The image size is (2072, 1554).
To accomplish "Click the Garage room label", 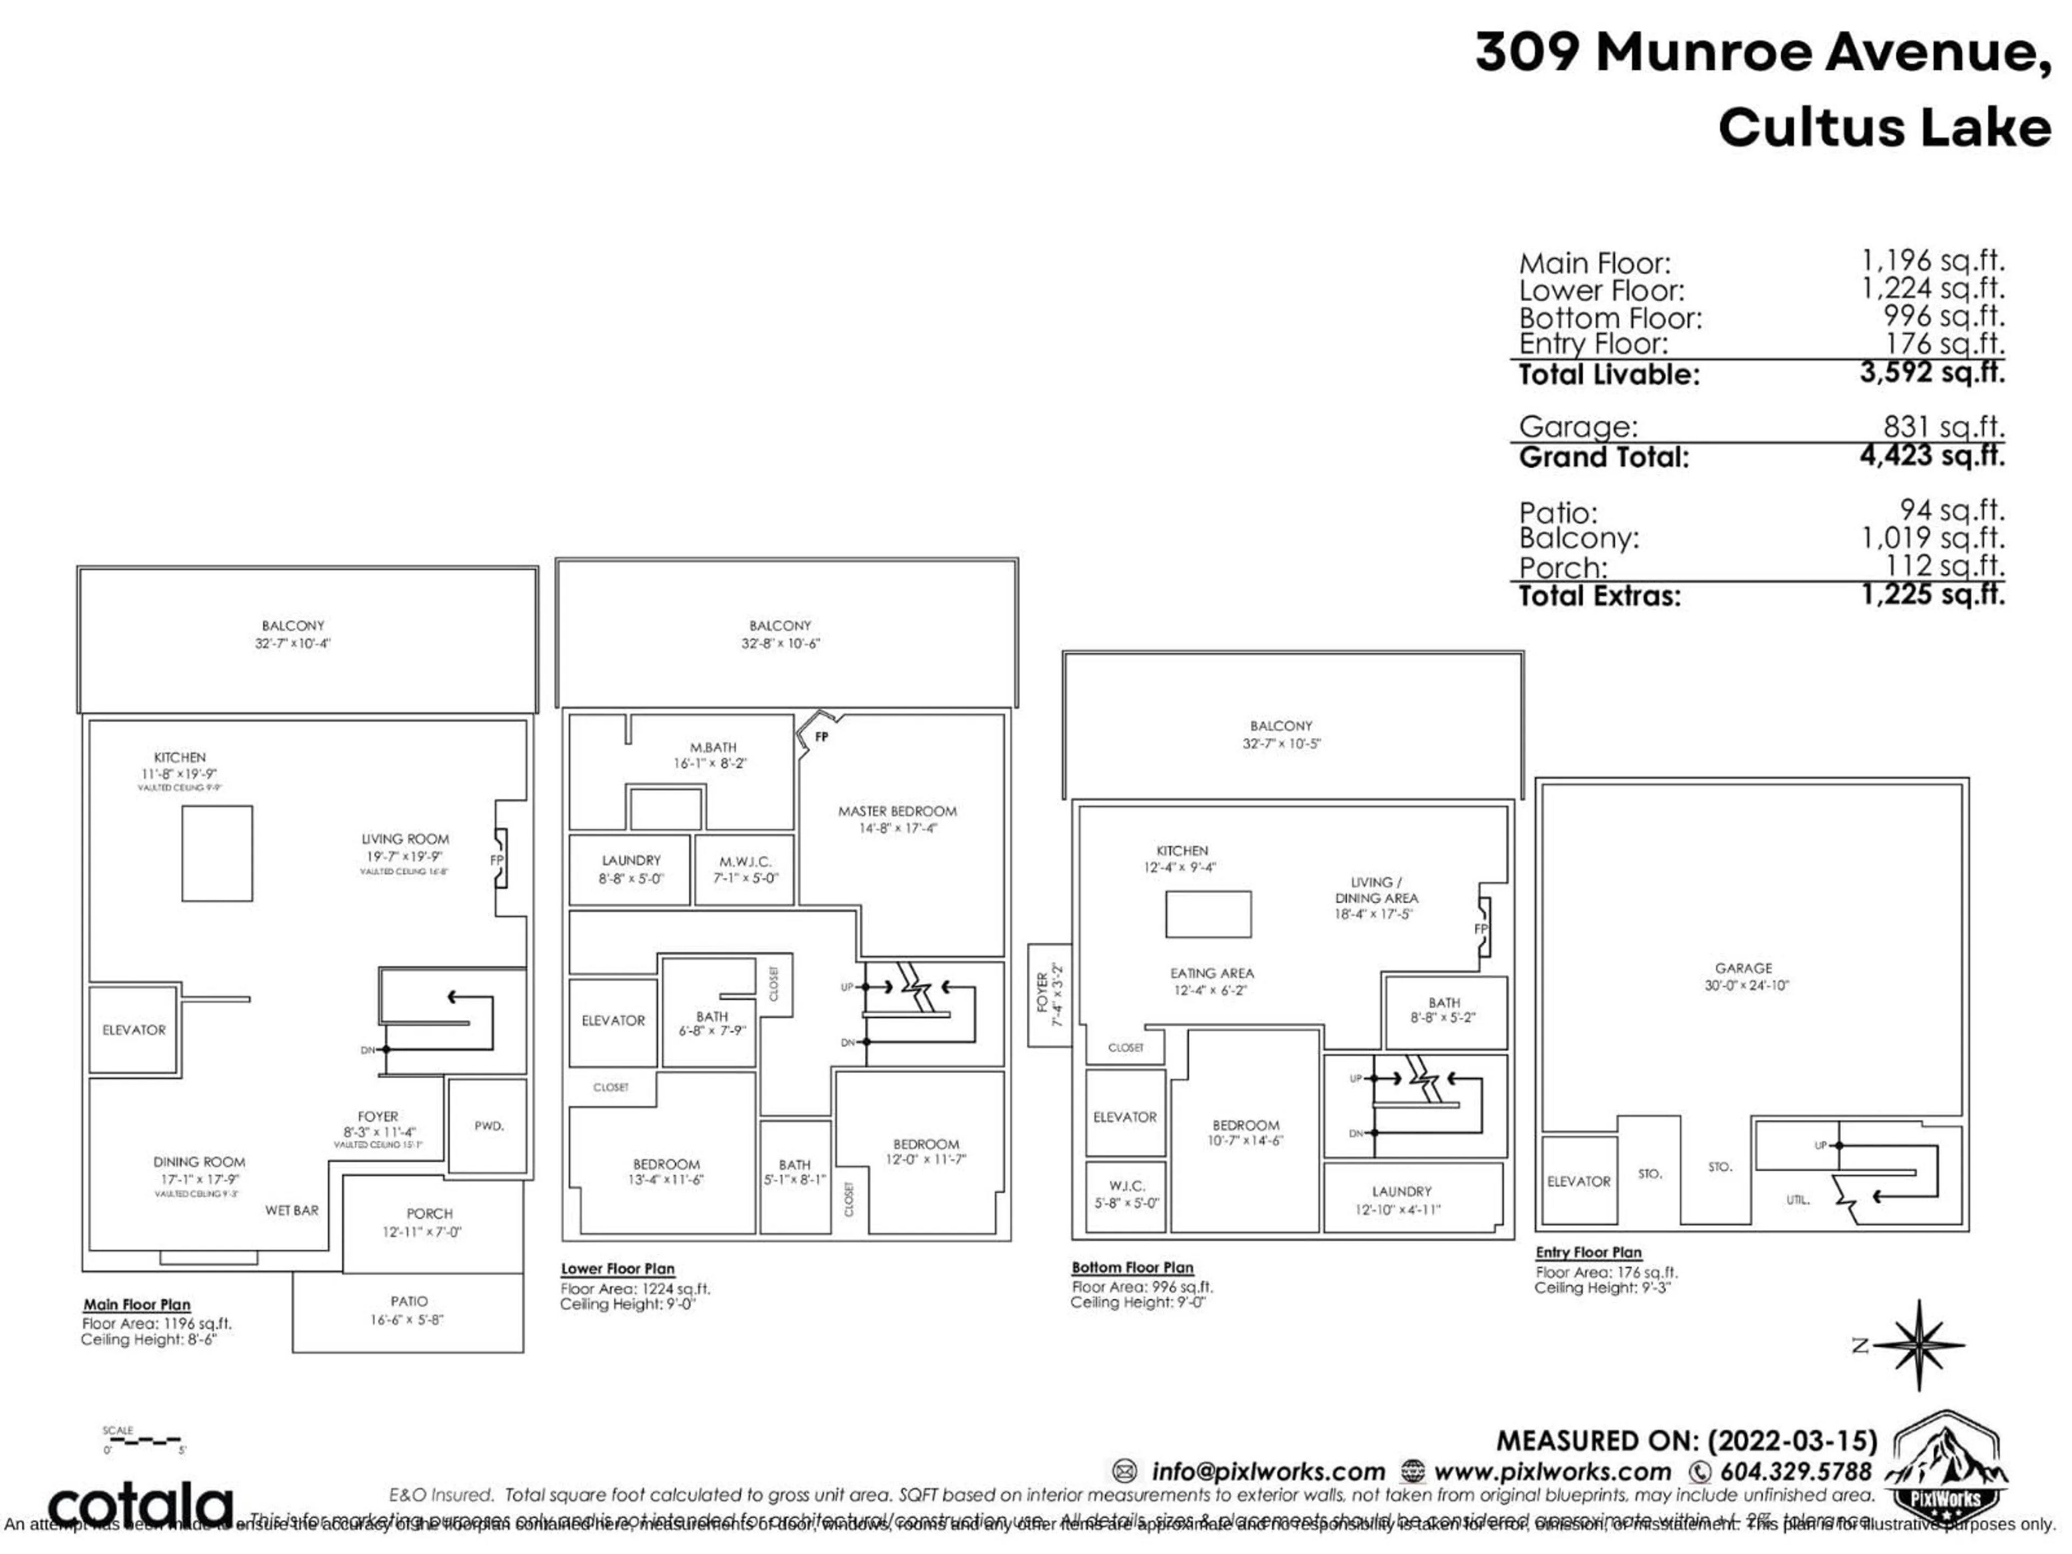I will click(x=1743, y=967).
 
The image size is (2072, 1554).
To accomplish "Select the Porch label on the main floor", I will click(x=429, y=1214).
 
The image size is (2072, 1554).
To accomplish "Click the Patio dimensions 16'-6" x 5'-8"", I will click(x=406, y=1320).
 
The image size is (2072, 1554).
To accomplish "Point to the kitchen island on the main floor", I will click(x=216, y=853).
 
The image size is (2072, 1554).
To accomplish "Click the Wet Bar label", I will click(x=291, y=1210).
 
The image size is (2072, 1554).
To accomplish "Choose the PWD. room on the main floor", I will click(x=488, y=1126).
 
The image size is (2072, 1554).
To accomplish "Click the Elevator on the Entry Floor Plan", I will click(x=1578, y=1181).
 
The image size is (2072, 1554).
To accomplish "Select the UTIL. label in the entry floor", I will click(x=1797, y=1200).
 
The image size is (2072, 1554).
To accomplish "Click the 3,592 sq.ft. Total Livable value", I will click(x=1932, y=373).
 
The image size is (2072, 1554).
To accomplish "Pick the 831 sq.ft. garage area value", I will click(x=1944, y=427).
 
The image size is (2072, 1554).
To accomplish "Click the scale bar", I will click(x=145, y=1440).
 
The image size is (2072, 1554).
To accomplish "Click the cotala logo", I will click(x=140, y=1505).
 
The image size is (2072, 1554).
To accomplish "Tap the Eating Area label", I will click(x=1211, y=973).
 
